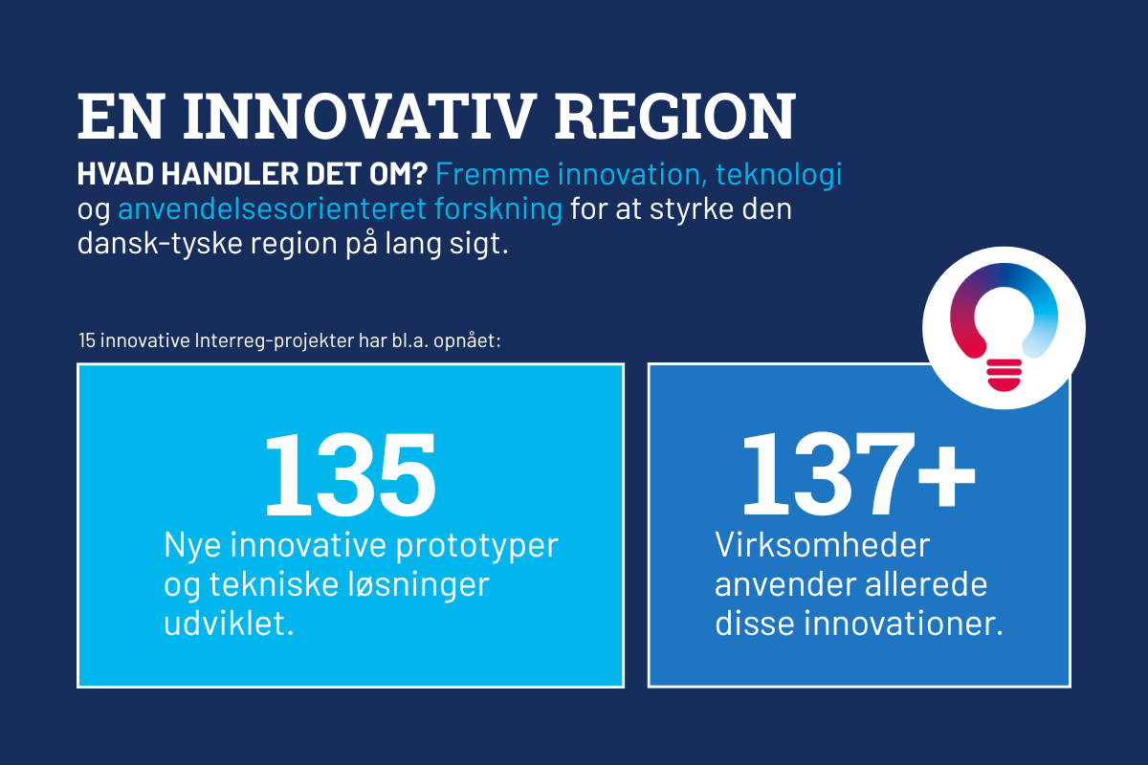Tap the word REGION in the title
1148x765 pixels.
pyautogui.click(x=675, y=117)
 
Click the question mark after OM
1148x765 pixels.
pyautogui.click(x=419, y=173)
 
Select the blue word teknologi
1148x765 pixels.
pyautogui.click(x=779, y=174)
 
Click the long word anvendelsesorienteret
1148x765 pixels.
pyautogui.click(x=272, y=209)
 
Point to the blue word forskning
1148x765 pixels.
pyautogui.click(x=498, y=210)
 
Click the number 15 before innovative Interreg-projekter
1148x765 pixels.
pyautogui.click(x=87, y=340)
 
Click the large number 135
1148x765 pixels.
pyautogui.click(x=350, y=474)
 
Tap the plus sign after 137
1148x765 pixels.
pyautogui.click(x=946, y=475)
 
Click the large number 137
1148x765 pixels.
pyautogui.click(x=828, y=474)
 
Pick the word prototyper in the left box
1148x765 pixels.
pyautogui.click(x=476, y=546)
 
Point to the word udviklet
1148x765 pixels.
pyautogui.click(x=229, y=623)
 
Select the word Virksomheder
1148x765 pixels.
pyautogui.click(x=822, y=545)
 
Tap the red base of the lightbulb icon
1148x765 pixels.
pyautogui.click(x=1004, y=375)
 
